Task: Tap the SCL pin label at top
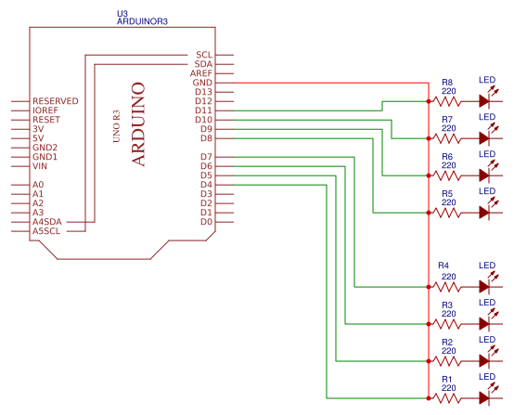point(204,55)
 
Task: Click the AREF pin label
point(201,73)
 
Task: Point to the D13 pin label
point(203,92)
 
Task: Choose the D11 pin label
point(203,110)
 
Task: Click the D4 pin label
point(206,185)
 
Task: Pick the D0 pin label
point(206,222)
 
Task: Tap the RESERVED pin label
point(56,101)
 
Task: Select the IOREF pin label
point(46,110)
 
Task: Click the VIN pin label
point(40,166)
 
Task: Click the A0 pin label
point(38,185)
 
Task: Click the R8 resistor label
point(447,82)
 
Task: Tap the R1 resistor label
point(447,379)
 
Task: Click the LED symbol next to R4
point(484,286)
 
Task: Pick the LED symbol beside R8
point(484,100)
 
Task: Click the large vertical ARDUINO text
point(138,123)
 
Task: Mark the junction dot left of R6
point(428,175)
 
